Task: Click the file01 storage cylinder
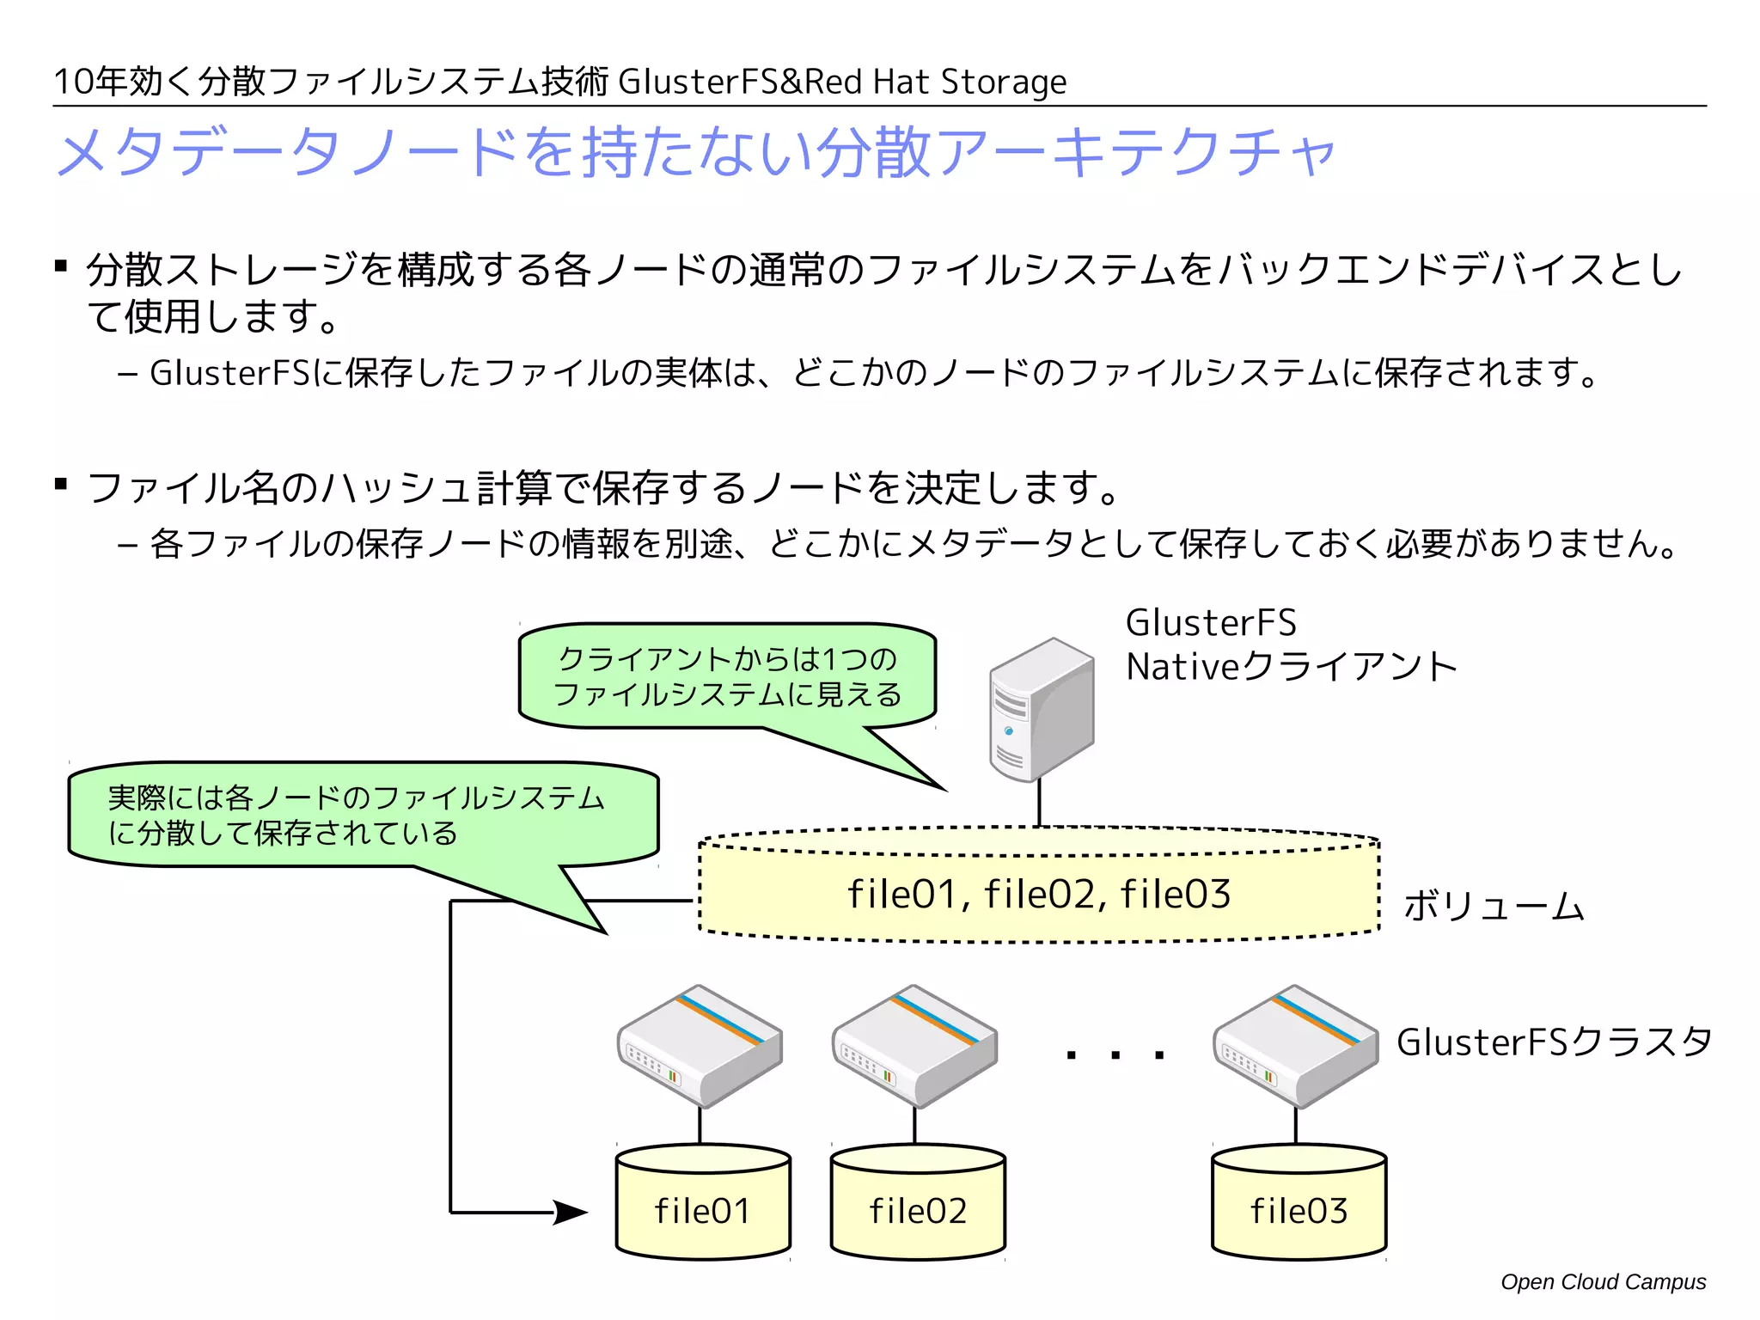coord(703,1203)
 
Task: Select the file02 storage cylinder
coord(918,1203)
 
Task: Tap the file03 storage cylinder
coord(1299,1203)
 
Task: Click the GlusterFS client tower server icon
coord(1041,710)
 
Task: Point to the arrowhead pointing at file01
coord(569,1213)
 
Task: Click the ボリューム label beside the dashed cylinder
coord(1494,906)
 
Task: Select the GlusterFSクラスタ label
coord(1554,1042)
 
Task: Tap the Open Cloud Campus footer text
coord(1603,1282)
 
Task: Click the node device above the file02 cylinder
coord(914,1046)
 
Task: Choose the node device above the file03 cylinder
coord(1296,1046)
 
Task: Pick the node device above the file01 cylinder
coord(700,1046)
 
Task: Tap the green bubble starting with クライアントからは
coord(727,676)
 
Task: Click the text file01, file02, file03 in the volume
coord(1039,895)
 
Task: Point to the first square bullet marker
coord(61,266)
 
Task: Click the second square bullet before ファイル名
coord(61,484)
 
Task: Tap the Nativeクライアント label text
coord(1291,667)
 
